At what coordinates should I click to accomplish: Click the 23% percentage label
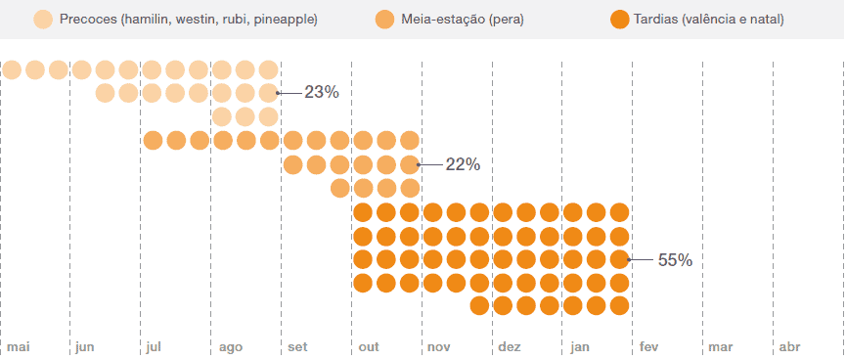click(x=321, y=93)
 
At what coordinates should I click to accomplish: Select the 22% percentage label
click(x=463, y=164)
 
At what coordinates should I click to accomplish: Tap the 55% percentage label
click(x=675, y=260)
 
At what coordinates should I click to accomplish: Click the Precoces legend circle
click(x=43, y=20)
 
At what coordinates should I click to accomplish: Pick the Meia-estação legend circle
click(x=384, y=20)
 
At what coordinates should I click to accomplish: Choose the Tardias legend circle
click(x=619, y=20)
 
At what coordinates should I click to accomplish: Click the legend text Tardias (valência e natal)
click(x=709, y=20)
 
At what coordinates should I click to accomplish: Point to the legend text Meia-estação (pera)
click(x=462, y=20)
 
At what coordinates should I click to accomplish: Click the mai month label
click(x=19, y=347)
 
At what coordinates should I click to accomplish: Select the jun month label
click(x=85, y=347)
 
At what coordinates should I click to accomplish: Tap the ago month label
click(x=230, y=347)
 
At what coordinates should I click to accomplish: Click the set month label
click(x=296, y=347)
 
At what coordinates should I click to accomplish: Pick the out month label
click(x=369, y=347)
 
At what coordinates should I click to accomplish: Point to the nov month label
click(x=438, y=347)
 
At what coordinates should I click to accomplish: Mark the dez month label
click(x=510, y=347)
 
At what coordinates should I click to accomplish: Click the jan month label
click(x=580, y=347)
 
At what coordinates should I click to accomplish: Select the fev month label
click(x=649, y=347)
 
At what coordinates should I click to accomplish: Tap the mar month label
click(x=721, y=347)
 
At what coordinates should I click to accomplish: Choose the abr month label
click(x=789, y=347)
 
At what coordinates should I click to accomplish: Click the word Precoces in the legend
click(x=89, y=20)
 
